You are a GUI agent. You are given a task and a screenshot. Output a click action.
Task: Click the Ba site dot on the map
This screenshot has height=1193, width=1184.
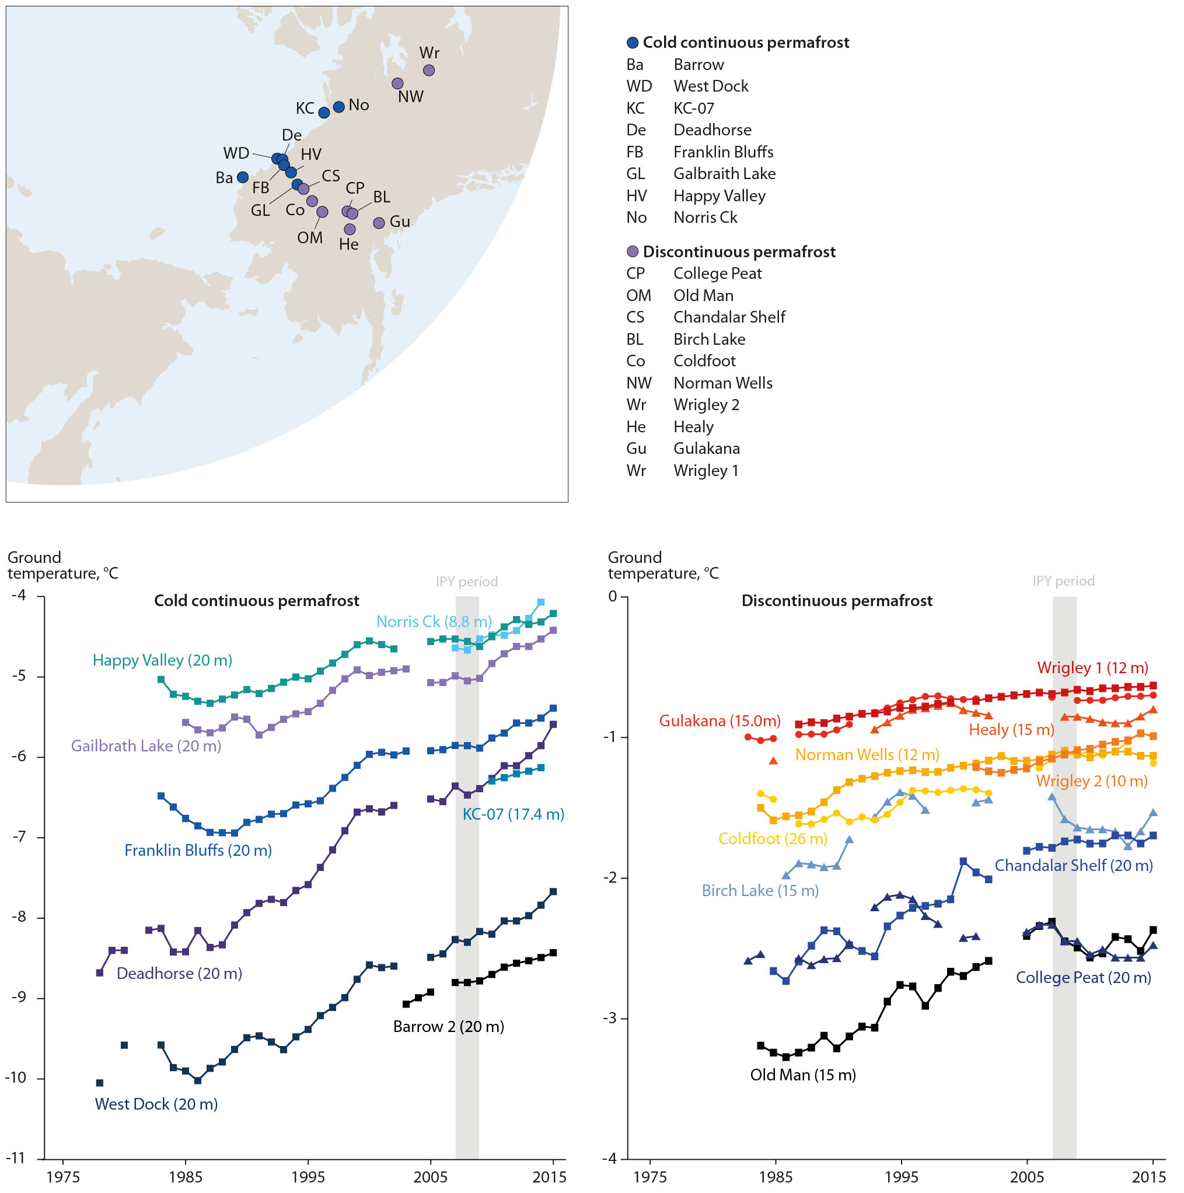click(243, 178)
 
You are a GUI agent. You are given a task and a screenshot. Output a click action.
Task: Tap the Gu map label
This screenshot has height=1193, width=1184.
click(400, 222)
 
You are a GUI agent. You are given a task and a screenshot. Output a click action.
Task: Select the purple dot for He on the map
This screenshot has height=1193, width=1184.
click(350, 230)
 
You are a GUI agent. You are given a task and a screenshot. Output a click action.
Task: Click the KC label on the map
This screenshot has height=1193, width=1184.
click(305, 109)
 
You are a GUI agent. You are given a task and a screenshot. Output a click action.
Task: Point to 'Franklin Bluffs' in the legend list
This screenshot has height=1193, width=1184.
click(723, 152)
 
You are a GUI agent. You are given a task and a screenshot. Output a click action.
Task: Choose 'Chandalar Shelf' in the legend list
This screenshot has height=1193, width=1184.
click(729, 317)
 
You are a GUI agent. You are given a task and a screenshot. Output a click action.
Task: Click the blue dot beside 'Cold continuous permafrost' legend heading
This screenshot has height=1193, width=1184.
click(633, 43)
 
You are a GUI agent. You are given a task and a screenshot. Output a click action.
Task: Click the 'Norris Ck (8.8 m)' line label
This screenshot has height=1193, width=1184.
click(434, 622)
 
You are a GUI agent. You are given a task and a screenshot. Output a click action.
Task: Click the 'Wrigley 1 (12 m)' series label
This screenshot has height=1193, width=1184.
click(1092, 668)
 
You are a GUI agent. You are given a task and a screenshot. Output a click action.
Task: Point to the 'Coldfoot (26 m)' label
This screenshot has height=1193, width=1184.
click(773, 839)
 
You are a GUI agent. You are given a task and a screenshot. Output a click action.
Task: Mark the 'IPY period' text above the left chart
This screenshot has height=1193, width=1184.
click(467, 582)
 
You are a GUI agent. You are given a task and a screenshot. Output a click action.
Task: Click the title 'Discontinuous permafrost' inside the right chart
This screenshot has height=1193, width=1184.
click(837, 601)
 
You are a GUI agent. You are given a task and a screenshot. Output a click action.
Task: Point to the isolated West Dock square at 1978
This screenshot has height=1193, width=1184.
click(100, 1083)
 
